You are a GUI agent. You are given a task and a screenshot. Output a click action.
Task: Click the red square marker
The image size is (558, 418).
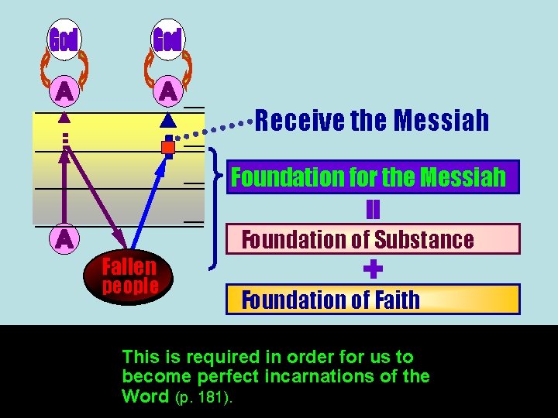[x=168, y=147]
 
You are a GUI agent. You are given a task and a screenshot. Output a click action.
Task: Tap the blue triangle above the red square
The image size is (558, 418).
[x=167, y=121]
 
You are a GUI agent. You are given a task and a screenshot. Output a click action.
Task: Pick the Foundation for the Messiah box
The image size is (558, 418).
[x=372, y=178]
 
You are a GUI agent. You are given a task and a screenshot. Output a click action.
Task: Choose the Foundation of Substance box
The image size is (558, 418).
[x=372, y=239]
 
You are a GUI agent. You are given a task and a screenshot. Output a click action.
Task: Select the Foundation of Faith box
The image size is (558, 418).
[x=372, y=300]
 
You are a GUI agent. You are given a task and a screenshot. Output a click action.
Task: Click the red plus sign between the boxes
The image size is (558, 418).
[x=373, y=269]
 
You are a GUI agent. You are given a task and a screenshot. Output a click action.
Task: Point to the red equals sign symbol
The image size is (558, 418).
[x=373, y=209]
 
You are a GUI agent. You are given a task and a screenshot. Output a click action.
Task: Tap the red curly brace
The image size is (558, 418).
[x=215, y=209]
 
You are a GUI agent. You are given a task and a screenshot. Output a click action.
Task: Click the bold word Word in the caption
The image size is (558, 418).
[x=145, y=397]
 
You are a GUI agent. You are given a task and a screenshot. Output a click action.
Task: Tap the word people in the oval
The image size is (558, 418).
[x=130, y=286]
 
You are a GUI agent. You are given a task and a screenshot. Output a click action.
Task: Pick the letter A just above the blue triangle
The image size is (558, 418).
[x=167, y=92]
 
